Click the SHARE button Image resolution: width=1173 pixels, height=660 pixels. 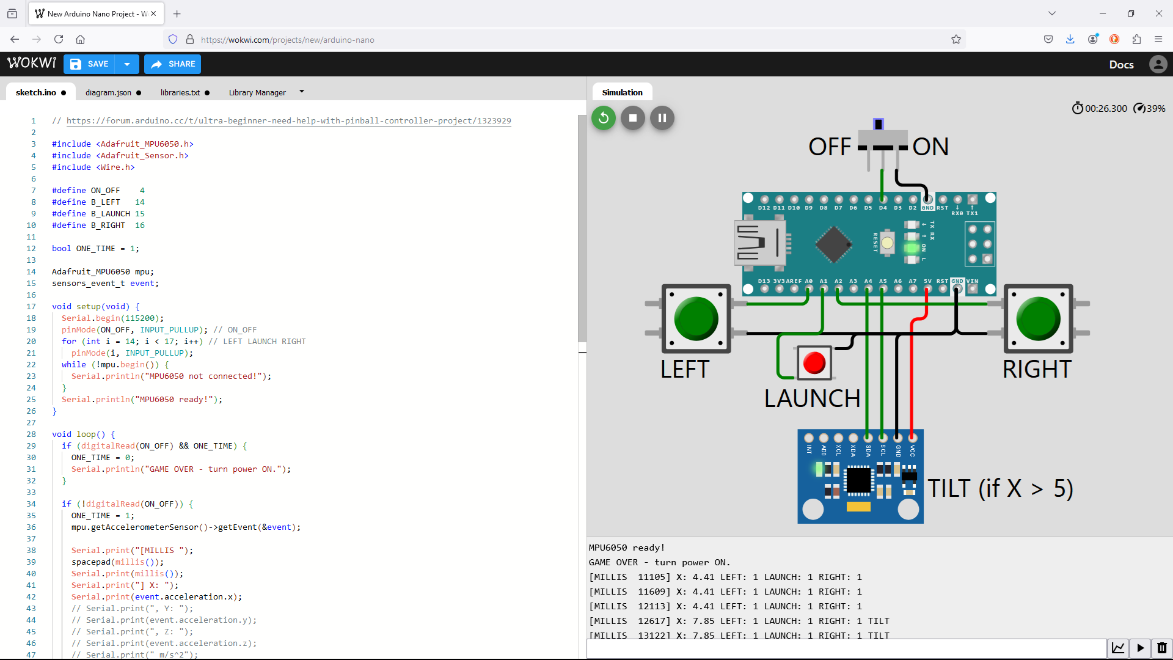173,64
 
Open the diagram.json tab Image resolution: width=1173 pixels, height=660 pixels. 108,93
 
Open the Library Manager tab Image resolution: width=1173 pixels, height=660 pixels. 257,93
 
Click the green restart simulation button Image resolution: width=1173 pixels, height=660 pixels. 603,118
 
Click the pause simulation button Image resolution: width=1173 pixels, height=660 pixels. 662,118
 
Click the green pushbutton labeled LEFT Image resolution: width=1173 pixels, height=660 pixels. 696,318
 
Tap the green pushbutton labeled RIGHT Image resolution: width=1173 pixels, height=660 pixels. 1038,318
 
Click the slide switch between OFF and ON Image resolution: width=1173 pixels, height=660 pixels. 879,125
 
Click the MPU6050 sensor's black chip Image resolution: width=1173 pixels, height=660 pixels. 858,480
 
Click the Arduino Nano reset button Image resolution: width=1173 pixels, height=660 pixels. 887,243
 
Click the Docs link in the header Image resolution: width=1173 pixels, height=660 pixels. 1121,65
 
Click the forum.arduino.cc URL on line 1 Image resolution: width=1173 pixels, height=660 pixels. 288,121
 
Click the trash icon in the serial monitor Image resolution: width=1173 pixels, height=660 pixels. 1161,648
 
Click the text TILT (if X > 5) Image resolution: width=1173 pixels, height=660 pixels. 1000,488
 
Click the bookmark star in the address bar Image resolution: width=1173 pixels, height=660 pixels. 956,40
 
